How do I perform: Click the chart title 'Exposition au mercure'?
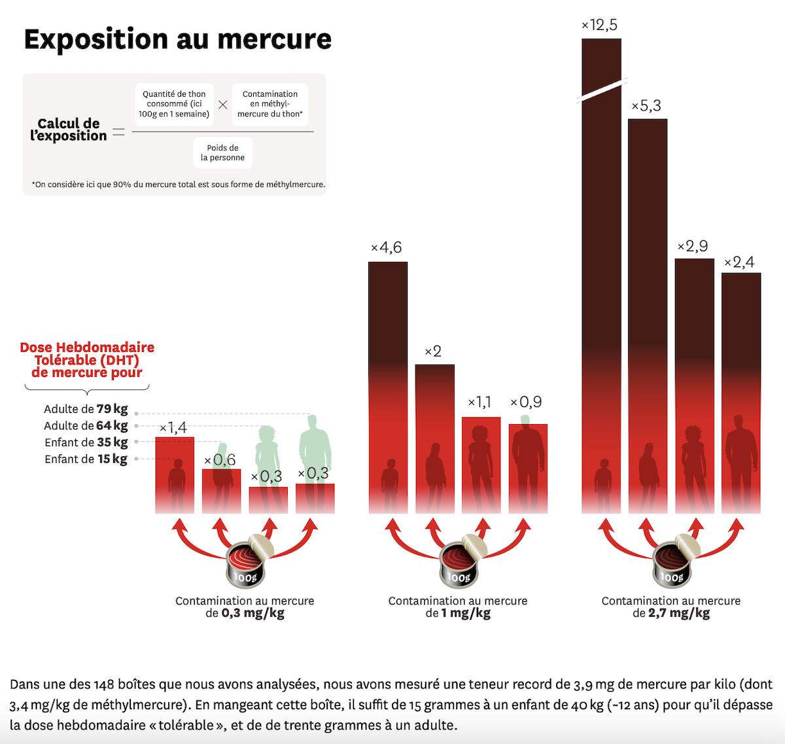[x=178, y=39]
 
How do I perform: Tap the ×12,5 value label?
[x=599, y=26]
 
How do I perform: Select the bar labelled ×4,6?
[x=388, y=386]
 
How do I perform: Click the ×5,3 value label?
[x=646, y=106]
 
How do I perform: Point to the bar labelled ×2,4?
[x=741, y=393]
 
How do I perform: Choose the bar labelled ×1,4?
[x=175, y=474]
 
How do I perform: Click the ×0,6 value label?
[x=220, y=460]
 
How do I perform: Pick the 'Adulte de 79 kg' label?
[x=86, y=409]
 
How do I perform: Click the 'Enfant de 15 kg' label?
[x=86, y=459]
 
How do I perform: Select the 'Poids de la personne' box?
[x=222, y=152]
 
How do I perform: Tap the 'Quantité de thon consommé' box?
[x=174, y=104]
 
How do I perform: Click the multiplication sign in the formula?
[x=223, y=105]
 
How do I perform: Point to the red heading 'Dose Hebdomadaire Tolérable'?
[x=87, y=359]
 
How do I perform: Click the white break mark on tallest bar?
[x=602, y=90]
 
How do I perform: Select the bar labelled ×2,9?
[x=695, y=386]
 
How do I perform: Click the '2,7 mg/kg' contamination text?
[x=679, y=613]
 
